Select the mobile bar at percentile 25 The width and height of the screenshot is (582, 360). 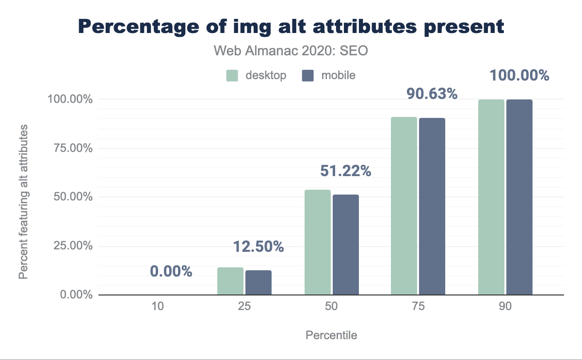(259, 283)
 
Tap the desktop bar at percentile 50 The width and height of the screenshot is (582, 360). (318, 243)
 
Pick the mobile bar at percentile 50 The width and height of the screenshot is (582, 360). (346, 245)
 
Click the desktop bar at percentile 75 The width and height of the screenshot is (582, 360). (404, 206)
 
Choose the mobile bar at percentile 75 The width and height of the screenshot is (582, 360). (432, 207)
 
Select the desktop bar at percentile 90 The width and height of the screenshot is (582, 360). (491, 197)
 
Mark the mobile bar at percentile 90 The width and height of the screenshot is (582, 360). (519, 197)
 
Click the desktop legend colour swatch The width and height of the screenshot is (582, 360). (232, 76)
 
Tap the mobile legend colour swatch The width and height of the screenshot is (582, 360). (308, 76)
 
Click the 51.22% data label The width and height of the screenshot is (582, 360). (345, 171)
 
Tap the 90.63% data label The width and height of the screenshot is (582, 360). (432, 93)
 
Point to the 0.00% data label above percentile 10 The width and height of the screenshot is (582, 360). (171, 271)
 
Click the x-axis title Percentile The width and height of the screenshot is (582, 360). (331, 335)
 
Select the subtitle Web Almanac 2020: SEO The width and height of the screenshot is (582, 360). (291, 51)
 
